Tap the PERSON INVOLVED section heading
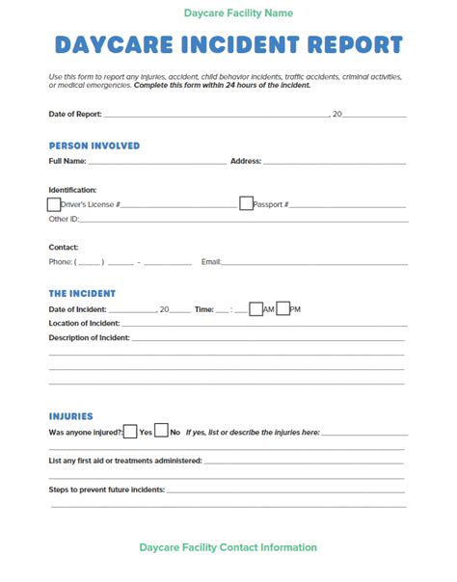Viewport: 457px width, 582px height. (x=94, y=145)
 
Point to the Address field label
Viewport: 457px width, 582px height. (x=245, y=161)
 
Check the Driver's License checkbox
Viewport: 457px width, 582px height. (x=54, y=203)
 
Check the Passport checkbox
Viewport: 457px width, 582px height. (x=246, y=203)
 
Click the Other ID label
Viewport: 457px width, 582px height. (x=64, y=220)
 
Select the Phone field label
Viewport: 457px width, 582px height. (x=60, y=262)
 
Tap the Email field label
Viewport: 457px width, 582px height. (x=210, y=262)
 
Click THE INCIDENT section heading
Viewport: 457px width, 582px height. (x=82, y=293)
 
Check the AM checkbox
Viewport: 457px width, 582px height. (x=255, y=308)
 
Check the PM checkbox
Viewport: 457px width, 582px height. (x=282, y=308)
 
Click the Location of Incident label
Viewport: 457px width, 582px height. (x=84, y=324)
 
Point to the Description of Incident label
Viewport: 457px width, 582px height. (x=89, y=338)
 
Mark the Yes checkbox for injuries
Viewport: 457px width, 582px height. (x=131, y=432)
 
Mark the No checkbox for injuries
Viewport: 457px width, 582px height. (x=162, y=432)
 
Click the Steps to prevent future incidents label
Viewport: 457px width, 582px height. (x=106, y=489)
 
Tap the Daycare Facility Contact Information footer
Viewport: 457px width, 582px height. (x=228, y=547)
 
